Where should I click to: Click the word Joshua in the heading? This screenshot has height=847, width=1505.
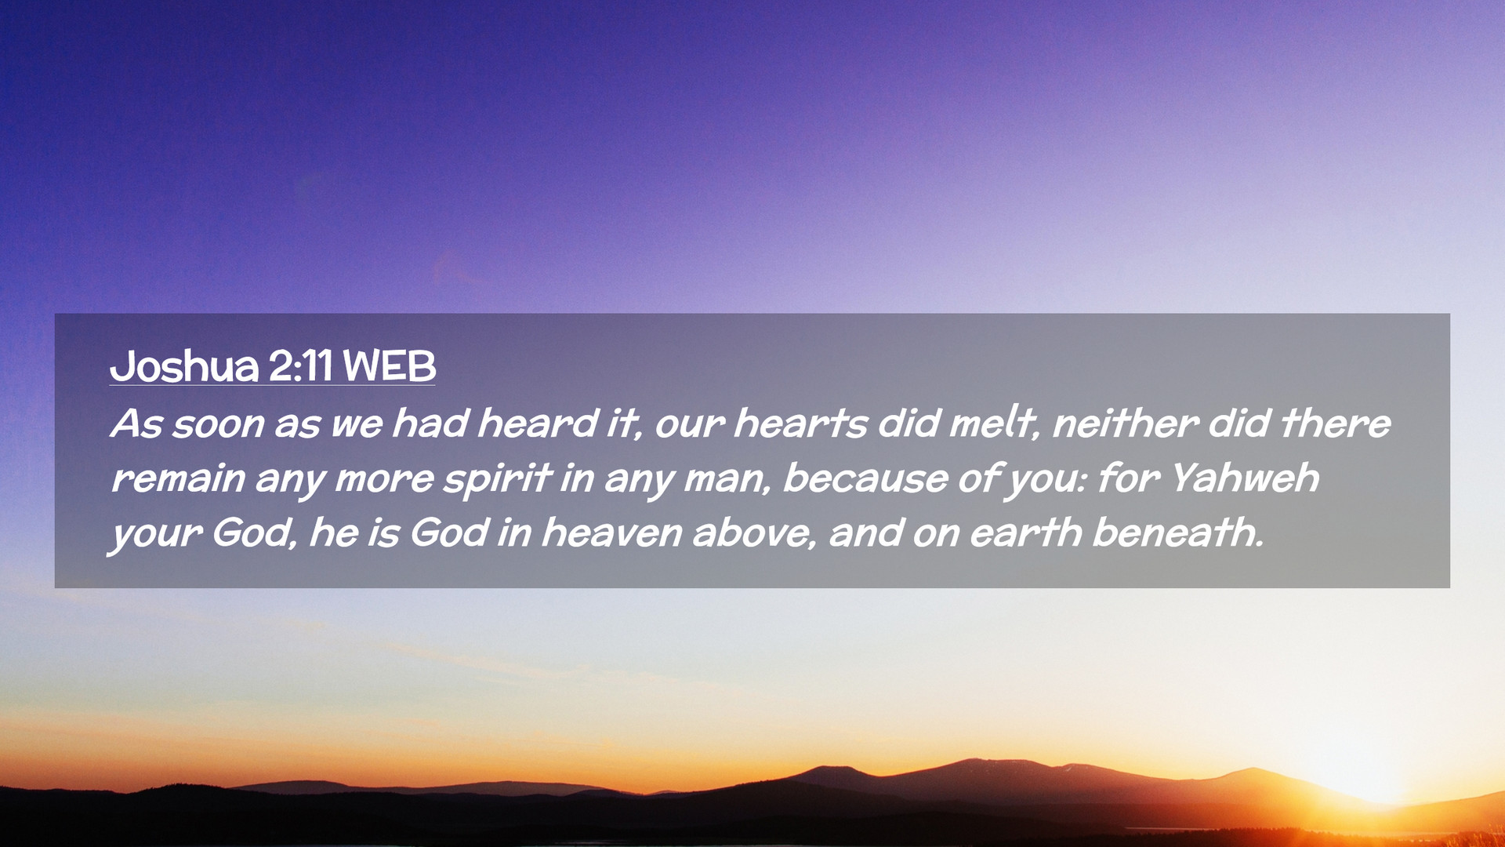pyautogui.click(x=184, y=365)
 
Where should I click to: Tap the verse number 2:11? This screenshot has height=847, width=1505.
pyautogui.click(x=301, y=365)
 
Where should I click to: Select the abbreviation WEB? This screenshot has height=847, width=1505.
pyautogui.click(x=389, y=365)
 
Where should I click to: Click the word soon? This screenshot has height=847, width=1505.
pyautogui.click(x=218, y=424)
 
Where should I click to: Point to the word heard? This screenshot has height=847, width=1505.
pyautogui.click(x=539, y=423)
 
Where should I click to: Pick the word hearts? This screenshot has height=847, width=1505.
pyautogui.click(x=800, y=423)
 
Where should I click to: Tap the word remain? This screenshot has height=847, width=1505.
pyautogui.click(x=178, y=478)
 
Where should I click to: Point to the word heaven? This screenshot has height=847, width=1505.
pyautogui.click(x=611, y=533)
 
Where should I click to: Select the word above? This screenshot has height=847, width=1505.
pyautogui.click(x=755, y=533)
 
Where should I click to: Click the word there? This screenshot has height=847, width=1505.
pyautogui.click(x=1335, y=423)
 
